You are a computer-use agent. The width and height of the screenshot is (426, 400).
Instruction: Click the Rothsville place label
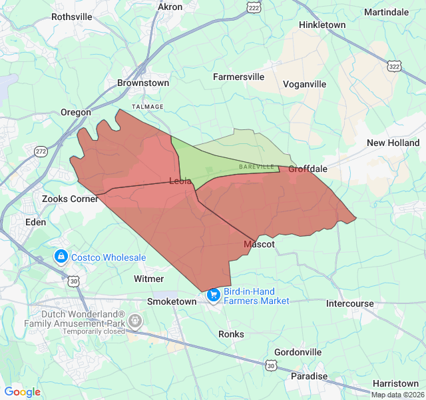click(72, 17)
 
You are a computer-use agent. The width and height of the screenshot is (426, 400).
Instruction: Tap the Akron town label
click(170, 7)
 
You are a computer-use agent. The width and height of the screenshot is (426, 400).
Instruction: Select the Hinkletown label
click(323, 25)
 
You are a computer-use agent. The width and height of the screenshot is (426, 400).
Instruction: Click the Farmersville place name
click(238, 77)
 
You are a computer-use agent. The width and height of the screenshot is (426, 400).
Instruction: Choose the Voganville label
click(304, 84)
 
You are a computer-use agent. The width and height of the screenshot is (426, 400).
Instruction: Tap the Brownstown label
click(143, 83)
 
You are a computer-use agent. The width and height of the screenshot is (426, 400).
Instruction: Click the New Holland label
click(393, 143)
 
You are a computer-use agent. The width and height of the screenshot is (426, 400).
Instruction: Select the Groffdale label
click(308, 169)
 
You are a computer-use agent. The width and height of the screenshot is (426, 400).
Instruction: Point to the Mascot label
click(259, 245)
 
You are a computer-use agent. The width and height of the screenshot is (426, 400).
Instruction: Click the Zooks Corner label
click(70, 199)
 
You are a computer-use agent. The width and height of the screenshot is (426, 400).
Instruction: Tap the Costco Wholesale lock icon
click(61, 257)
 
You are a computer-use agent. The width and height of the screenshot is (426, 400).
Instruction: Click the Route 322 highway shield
click(394, 67)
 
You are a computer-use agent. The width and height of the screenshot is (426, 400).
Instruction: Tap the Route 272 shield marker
click(41, 151)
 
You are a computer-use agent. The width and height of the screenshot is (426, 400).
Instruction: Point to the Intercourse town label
click(350, 303)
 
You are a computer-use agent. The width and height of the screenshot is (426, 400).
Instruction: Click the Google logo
click(23, 392)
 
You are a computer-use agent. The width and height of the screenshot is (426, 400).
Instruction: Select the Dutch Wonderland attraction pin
click(135, 321)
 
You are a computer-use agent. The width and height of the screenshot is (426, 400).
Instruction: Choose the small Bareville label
click(256, 166)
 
